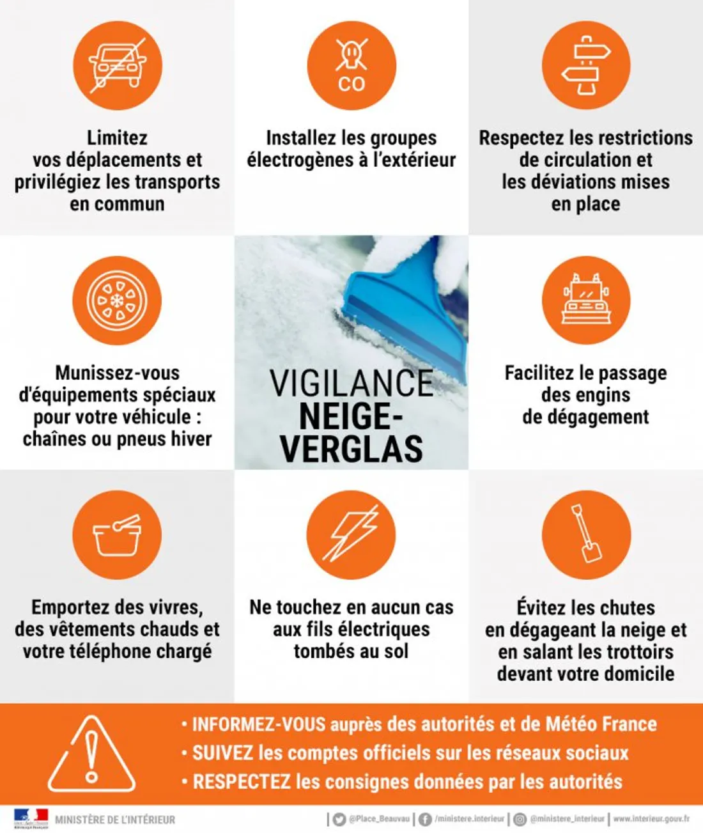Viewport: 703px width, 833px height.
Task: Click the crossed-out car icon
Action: [117, 65]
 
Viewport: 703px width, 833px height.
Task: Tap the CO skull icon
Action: [351, 65]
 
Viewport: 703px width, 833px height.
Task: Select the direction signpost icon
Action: [586, 65]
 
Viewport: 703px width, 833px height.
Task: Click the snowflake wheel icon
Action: [117, 300]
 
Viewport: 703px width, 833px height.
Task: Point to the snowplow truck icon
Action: [586, 300]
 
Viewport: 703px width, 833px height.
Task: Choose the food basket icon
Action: [117, 535]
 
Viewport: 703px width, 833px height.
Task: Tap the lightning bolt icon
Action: [351, 535]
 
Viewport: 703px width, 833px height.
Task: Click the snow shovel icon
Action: [586, 535]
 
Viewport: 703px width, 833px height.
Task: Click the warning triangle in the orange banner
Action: [92, 754]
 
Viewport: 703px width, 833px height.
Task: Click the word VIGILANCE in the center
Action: [351, 384]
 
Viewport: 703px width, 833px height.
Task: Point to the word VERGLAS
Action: [351, 449]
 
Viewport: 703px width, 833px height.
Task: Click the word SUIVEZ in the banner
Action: [223, 753]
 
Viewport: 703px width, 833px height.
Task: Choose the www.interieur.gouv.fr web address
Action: [651, 819]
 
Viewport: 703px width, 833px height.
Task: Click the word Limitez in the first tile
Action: [117, 138]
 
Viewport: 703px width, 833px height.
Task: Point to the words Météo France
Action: [601, 724]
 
